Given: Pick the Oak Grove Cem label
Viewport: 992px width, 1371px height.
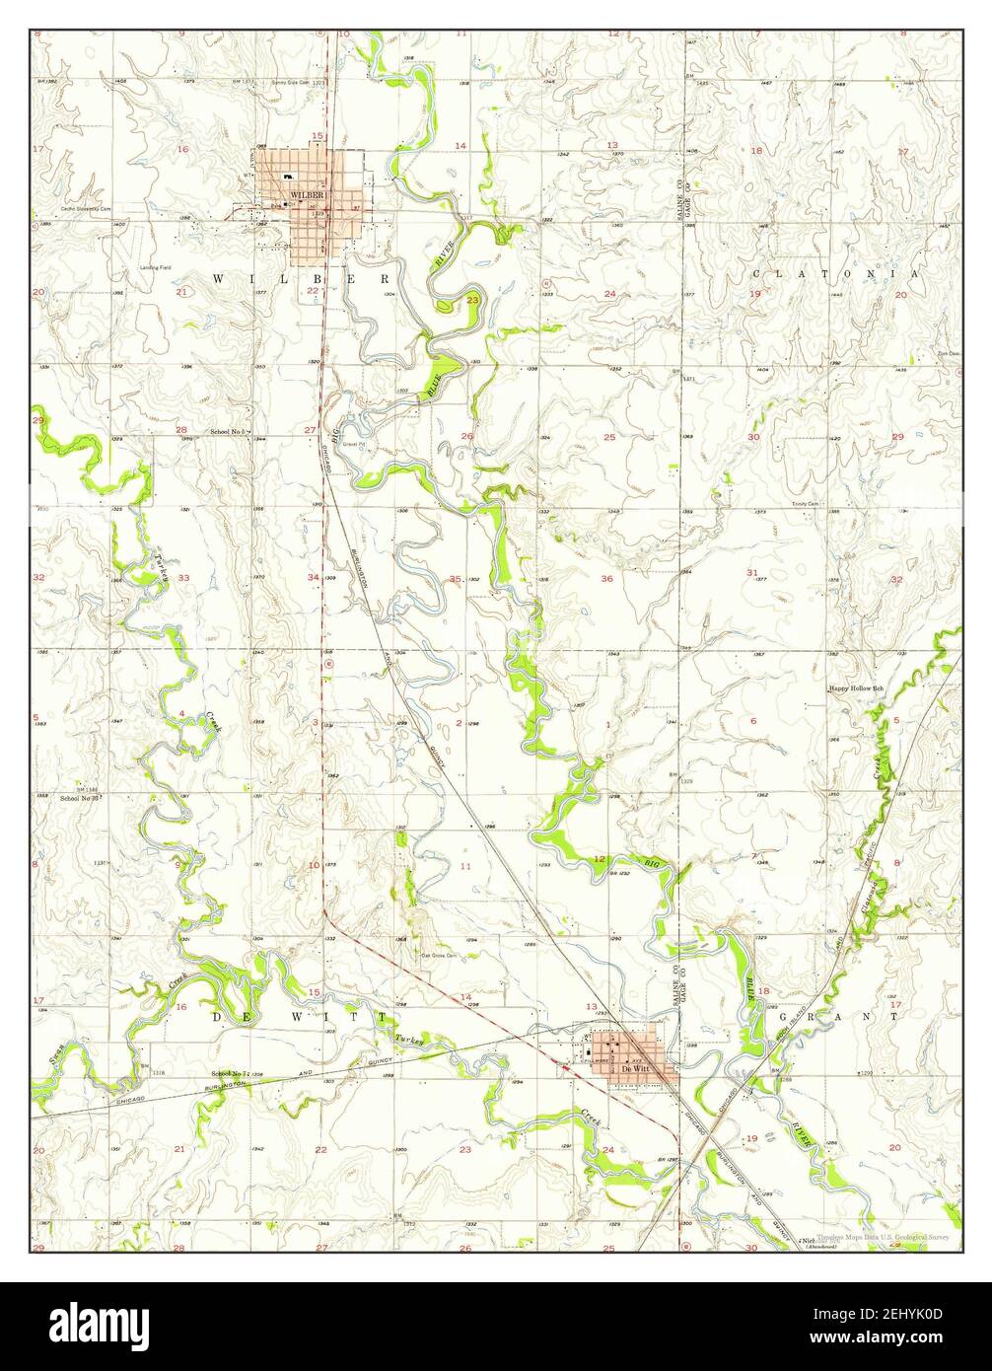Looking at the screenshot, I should click(x=439, y=955).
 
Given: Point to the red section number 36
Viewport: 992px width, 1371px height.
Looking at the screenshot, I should click(x=607, y=578).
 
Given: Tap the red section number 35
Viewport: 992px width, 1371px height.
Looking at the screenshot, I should click(x=455, y=579).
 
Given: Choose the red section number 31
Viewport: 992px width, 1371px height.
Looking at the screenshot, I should click(x=752, y=572).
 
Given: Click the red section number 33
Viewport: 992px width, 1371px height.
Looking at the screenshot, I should click(x=182, y=578).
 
